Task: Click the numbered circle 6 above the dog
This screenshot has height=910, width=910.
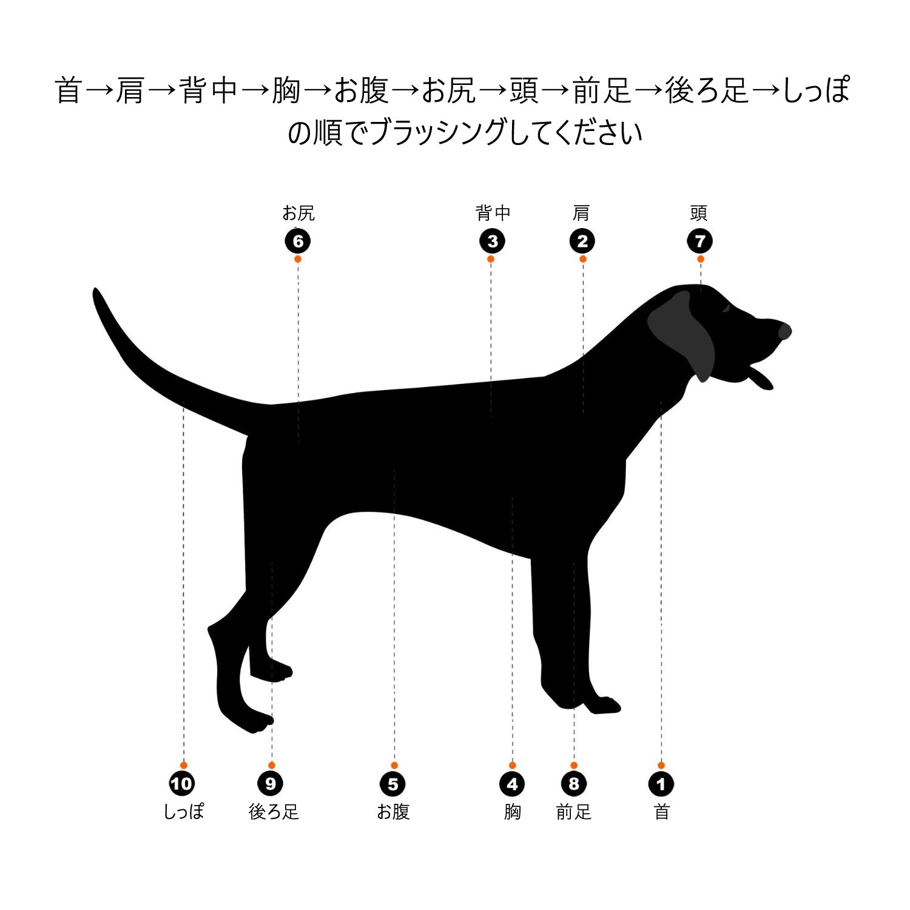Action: click(298, 241)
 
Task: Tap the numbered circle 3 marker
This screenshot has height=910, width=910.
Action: click(492, 241)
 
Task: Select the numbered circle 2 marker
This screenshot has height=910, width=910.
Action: click(582, 241)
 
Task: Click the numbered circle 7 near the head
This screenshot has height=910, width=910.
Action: click(700, 241)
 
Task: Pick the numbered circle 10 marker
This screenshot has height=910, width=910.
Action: click(182, 784)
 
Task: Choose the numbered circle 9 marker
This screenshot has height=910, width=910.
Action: click(271, 784)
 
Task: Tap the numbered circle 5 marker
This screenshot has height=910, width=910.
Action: click(393, 784)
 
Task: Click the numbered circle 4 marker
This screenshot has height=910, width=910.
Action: click(512, 784)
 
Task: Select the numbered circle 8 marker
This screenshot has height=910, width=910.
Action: click(574, 784)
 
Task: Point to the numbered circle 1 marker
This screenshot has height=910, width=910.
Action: click(661, 784)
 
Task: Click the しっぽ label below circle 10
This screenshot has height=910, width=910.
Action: click(184, 811)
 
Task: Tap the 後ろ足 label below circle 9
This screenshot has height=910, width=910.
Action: click(274, 811)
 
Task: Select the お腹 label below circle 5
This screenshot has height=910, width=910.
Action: click(393, 811)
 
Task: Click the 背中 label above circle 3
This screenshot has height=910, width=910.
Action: click(493, 213)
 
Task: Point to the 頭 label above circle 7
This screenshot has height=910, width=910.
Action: click(699, 213)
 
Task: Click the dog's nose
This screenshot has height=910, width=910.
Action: click(784, 331)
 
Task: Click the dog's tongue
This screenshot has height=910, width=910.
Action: click(761, 377)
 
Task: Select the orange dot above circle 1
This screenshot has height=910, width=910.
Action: click(661, 765)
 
